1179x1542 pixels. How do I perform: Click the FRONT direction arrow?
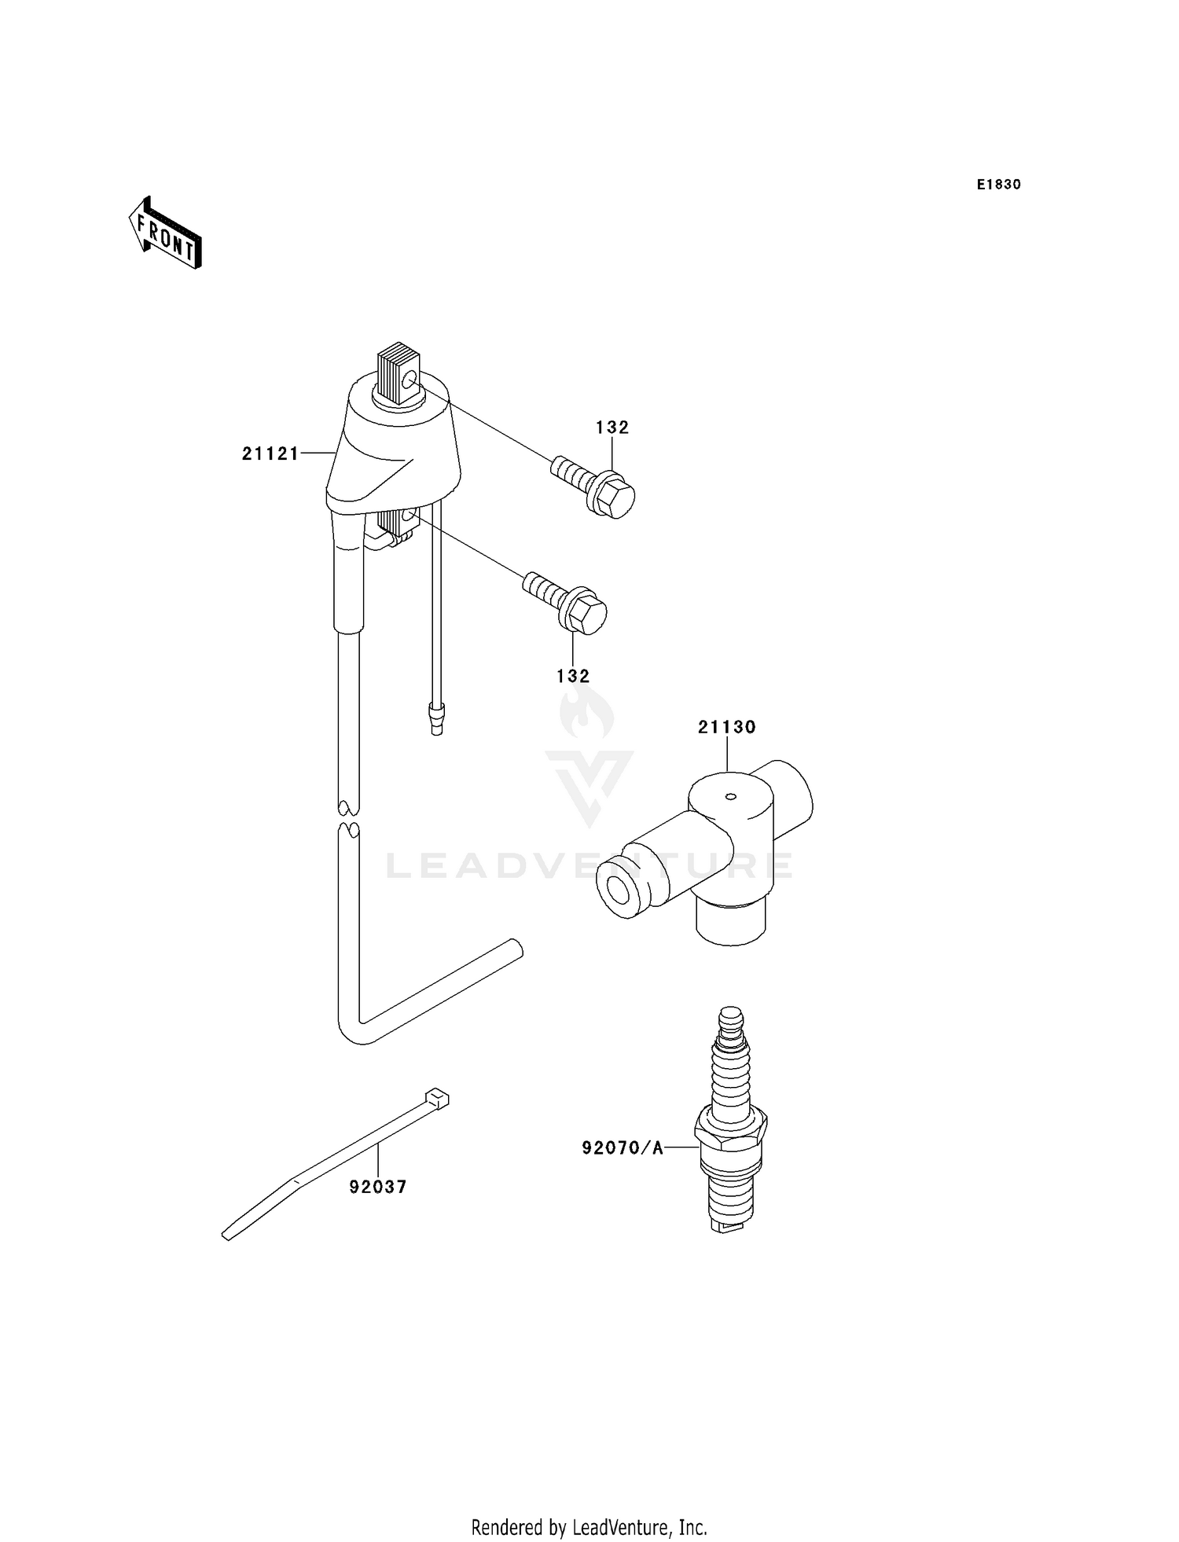tap(165, 234)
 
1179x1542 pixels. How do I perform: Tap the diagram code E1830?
tap(998, 185)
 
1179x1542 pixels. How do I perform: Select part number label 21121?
tap(270, 453)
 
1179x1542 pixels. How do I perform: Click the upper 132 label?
tap(612, 428)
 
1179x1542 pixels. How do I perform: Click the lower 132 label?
tap(573, 676)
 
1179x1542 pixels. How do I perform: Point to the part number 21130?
tap(727, 727)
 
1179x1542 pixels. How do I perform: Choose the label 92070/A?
tap(623, 1148)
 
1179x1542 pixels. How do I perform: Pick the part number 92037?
tap(378, 1187)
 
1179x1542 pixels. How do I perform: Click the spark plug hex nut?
tap(731, 1132)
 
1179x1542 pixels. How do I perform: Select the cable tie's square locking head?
tap(437, 1098)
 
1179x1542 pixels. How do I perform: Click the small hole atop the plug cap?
tap(730, 796)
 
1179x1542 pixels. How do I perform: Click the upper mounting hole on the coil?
tap(409, 383)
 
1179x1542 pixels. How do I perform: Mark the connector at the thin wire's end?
tap(435, 718)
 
